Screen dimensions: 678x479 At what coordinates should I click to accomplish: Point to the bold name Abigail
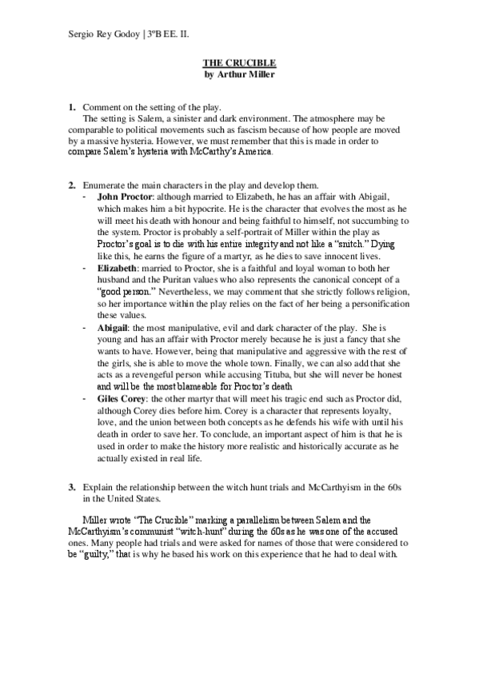(117, 327)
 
